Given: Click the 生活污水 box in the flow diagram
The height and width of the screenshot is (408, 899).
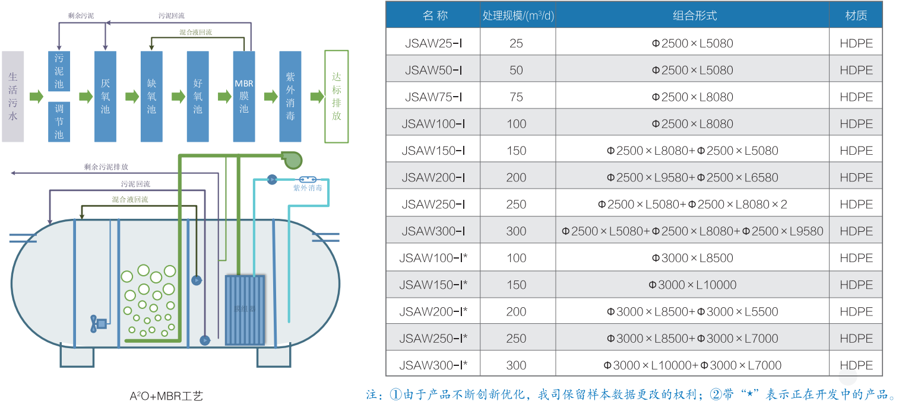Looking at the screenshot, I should (12, 97).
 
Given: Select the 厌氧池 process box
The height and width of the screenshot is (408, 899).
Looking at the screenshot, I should (105, 97).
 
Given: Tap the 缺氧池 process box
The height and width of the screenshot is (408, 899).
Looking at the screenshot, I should (151, 97).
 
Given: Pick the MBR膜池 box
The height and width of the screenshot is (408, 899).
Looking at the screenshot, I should (244, 97).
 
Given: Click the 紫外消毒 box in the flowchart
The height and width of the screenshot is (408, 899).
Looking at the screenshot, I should (290, 97).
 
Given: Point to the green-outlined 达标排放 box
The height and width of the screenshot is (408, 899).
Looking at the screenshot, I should (336, 97).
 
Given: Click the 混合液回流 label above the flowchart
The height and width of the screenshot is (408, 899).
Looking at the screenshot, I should (195, 33).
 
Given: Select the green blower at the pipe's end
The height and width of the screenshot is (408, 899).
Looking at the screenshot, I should (292, 158).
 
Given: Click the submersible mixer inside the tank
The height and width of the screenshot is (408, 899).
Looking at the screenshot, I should (98, 323).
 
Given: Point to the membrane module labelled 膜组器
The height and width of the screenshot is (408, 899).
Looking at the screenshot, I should (245, 310).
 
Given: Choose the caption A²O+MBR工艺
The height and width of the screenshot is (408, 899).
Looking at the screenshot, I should (166, 396).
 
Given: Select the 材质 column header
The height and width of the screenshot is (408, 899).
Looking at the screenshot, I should (856, 15).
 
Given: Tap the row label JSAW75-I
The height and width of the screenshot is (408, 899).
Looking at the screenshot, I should (433, 97).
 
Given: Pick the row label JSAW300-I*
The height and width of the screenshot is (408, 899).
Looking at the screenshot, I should (433, 365).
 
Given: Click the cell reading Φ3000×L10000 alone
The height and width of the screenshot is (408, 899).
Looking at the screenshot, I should (692, 285).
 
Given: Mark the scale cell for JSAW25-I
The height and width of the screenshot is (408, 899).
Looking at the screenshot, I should (516, 43).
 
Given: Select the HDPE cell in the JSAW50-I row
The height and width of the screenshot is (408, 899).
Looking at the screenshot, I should (856, 70).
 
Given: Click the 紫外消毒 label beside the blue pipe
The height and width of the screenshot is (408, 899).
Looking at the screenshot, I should (308, 188).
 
